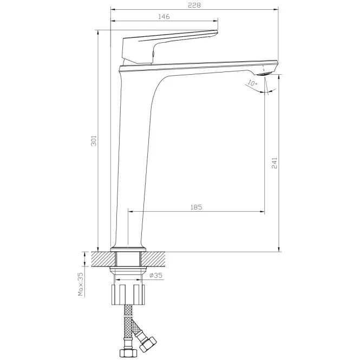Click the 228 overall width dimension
click(x=194, y=5)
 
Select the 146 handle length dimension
click(x=164, y=17)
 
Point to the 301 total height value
click(x=94, y=141)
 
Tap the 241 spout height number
click(x=274, y=163)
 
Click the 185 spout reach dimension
click(x=197, y=207)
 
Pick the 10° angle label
click(x=252, y=83)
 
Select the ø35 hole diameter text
click(x=156, y=275)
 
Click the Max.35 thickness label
click(x=80, y=284)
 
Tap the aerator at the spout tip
click(x=264, y=74)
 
